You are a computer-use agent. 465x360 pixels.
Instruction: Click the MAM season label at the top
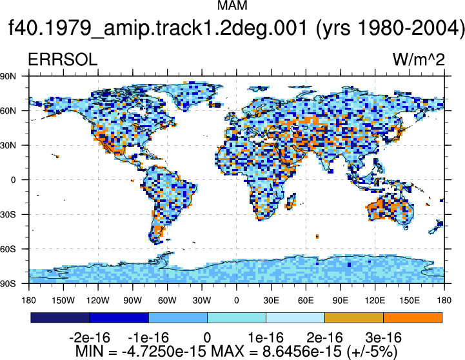click(x=232, y=5)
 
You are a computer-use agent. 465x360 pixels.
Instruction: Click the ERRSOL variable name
click(x=63, y=59)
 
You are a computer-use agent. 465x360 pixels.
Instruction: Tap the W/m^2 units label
click(x=419, y=59)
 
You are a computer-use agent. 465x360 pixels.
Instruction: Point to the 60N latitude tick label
click(x=8, y=111)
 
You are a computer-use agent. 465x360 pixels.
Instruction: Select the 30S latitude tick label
click(x=8, y=214)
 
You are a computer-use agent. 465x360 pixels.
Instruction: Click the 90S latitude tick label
click(x=8, y=283)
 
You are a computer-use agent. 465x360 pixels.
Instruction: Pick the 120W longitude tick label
click(x=98, y=301)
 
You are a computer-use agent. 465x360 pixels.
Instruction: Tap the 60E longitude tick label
click(x=306, y=301)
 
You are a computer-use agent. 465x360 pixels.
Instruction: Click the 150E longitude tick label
click(x=410, y=301)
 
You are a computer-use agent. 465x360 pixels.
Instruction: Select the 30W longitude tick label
click(x=202, y=301)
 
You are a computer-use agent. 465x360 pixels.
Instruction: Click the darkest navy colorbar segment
click(x=60, y=317)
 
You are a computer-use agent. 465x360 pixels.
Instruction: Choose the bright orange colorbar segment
click(x=413, y=317)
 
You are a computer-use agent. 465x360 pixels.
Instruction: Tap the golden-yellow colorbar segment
click(x=354, y=317)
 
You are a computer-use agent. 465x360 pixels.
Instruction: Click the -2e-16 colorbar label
click(x=90, y=338)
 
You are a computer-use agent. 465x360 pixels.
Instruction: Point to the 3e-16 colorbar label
click(x=384, y=338)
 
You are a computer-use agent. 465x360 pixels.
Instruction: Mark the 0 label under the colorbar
click(x=207, y=338)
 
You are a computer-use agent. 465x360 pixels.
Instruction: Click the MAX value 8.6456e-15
click(x=302, y=352)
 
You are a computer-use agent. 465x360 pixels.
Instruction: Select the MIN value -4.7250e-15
click(x=164, y=352)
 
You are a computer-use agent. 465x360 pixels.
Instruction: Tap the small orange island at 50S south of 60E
click(x=317, y=236)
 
